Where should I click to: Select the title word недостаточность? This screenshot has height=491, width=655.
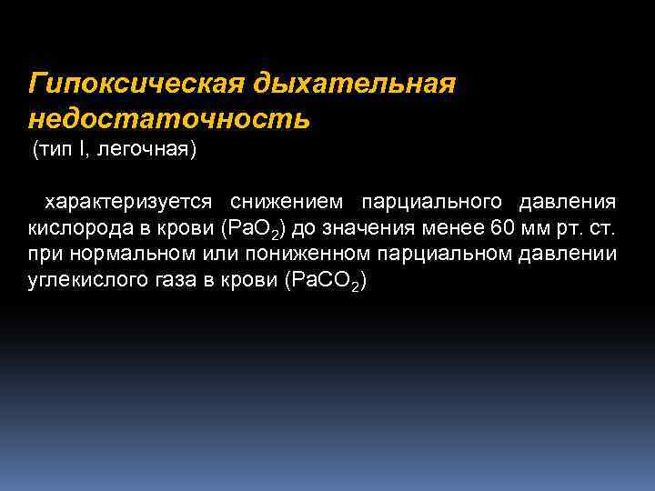[169, 118]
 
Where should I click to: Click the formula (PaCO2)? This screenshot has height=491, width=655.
[325, 282]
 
